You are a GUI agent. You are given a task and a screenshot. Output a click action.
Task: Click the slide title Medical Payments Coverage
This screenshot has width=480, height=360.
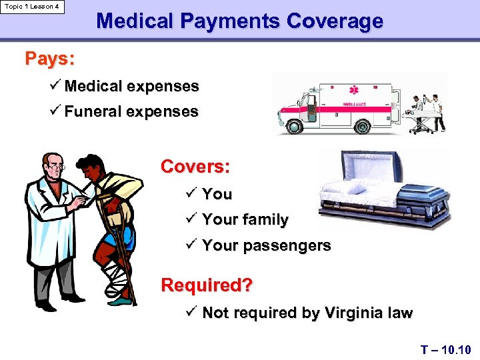(x=239, y=21)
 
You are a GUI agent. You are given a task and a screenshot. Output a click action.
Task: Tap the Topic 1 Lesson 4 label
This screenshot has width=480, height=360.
(x=32, y=7)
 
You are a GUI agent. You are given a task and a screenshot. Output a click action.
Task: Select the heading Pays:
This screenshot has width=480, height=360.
(x=49, y=59)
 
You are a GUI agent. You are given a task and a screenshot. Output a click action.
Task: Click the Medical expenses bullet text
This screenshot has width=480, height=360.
(x=132, y=86)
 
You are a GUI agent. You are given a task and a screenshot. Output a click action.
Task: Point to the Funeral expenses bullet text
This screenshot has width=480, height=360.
(x=131, y=111)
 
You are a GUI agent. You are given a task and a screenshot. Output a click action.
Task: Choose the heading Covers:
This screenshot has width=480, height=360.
(x=195, y=167)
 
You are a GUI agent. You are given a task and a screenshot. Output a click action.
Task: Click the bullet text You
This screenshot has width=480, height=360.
(x=217, y=194)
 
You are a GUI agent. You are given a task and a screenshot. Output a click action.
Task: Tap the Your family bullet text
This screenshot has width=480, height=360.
(x=245, y=219)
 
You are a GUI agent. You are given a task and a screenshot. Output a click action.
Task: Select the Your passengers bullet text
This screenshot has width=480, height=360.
(x=266, y=245)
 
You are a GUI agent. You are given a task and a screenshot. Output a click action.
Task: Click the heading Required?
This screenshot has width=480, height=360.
(x=207, y=285)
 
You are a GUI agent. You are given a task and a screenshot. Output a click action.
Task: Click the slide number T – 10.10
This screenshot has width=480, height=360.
(x=446, y=349)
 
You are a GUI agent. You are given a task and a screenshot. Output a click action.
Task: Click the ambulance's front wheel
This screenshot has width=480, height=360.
(x=293, y=125)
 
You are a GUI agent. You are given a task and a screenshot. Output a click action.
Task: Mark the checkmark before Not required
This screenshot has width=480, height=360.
(x=191, y=311)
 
